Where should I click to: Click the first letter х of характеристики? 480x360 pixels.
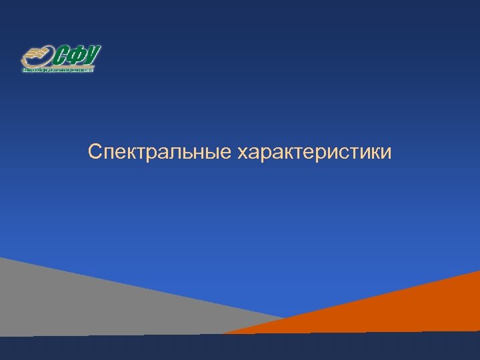click(241, 155)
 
